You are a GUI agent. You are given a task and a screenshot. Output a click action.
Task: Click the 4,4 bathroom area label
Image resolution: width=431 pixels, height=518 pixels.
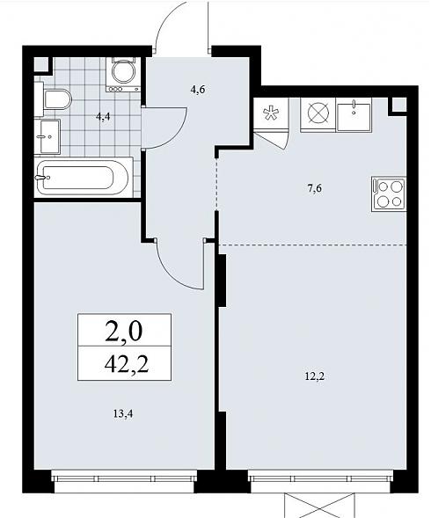tap(103, 117)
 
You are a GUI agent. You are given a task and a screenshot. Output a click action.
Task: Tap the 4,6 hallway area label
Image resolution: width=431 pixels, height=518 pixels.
tap(198, 90)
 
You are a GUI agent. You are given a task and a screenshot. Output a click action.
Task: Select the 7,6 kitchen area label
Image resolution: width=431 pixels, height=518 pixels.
tap(314, 188)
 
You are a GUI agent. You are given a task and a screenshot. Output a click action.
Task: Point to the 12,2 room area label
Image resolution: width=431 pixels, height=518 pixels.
tap(314, 376)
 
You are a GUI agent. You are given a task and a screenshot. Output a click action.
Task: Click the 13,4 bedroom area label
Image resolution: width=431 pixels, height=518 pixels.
tap(123, 413)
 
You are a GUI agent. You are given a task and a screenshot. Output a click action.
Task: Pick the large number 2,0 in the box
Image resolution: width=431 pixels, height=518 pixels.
tap(124, 332)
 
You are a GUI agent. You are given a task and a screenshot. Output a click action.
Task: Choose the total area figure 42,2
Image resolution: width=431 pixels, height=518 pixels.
tap(127, 364)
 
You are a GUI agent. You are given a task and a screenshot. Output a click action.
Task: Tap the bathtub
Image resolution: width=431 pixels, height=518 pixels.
tap(82, 178)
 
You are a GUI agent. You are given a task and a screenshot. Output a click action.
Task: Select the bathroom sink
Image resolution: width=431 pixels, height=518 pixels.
tap(47, 136)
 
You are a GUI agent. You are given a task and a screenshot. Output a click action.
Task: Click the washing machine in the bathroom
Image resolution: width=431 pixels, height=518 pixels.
tap(123, 75)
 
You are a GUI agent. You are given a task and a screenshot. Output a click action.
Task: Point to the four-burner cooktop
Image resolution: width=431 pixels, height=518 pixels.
tap(389, 193)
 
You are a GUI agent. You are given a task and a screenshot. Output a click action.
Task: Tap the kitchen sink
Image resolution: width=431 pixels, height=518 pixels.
tap(354, 115)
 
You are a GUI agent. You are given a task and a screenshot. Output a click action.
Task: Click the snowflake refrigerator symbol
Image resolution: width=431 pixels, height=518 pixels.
tap(271, 113)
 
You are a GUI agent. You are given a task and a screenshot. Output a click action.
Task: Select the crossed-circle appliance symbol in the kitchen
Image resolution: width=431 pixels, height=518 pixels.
tap(318, 113)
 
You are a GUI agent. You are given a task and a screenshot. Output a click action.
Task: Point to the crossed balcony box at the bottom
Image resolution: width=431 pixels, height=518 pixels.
tap(319, 505)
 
